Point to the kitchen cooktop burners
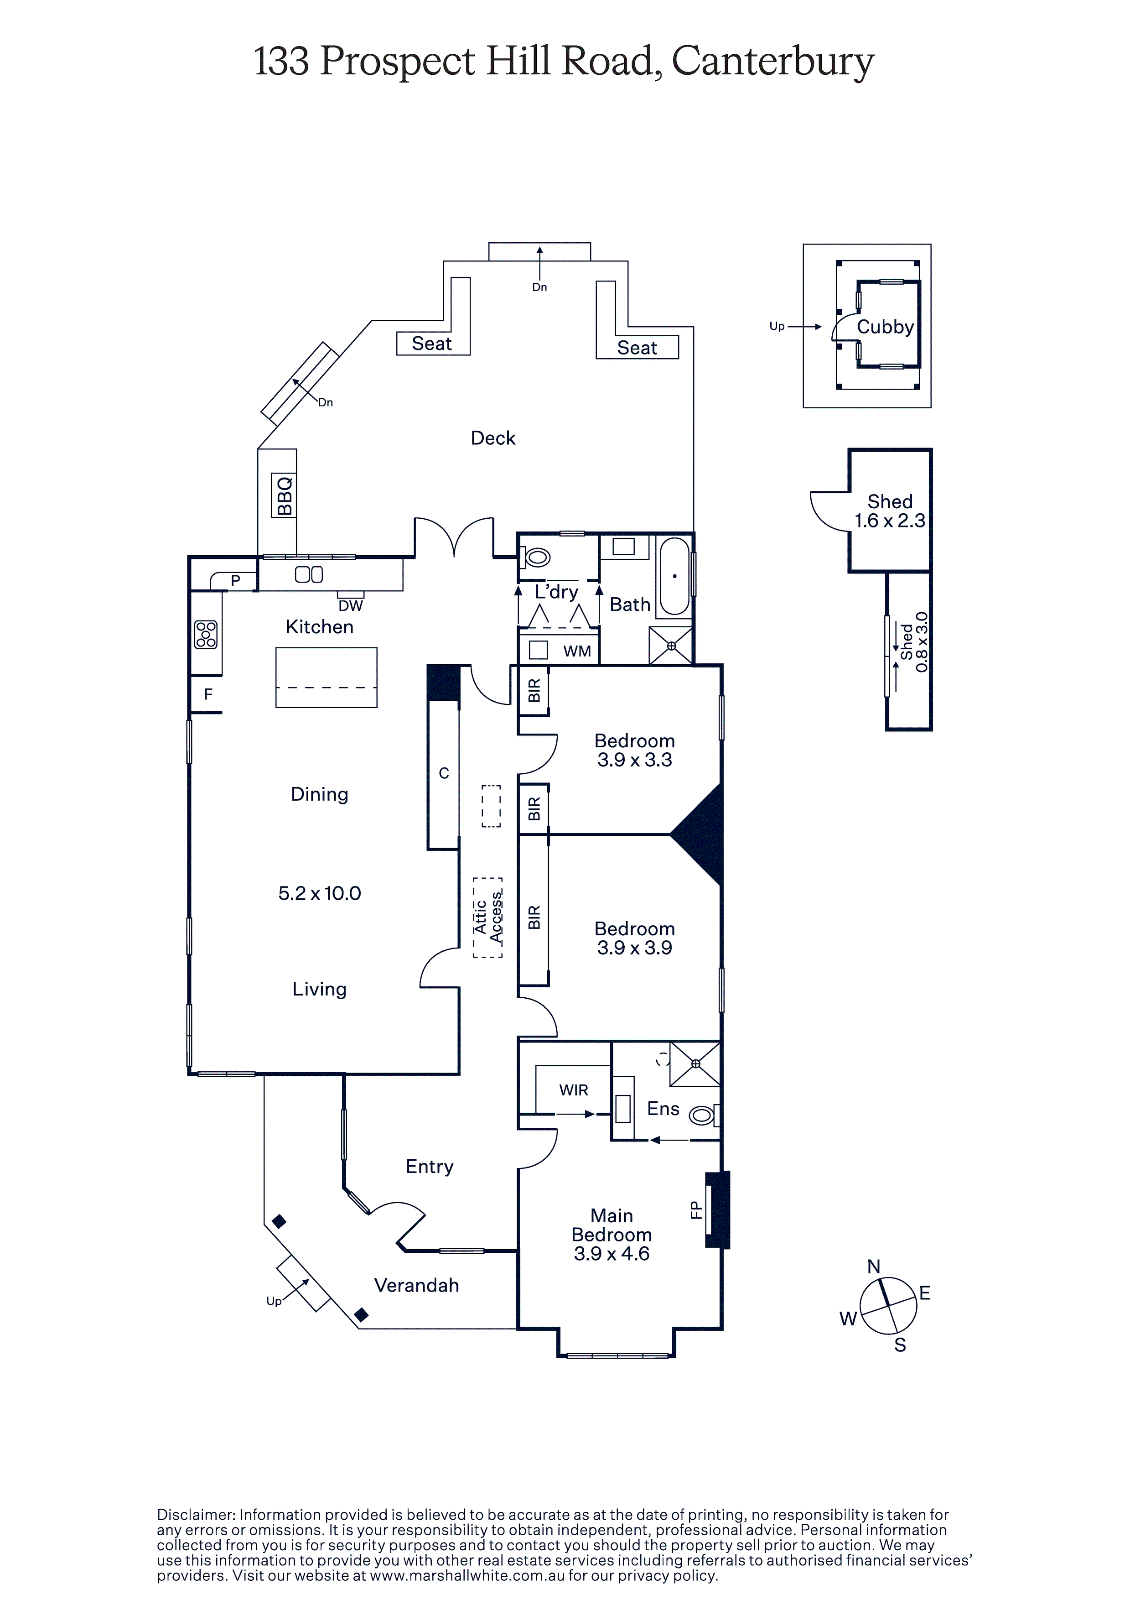pyautogui.click(x=206, y=634)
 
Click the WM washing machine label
pyautogui.click(x=577, y=651)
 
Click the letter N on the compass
pyautogui.click(x=874, y=1266)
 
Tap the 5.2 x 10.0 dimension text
pyautogui.click(x=320, y=893)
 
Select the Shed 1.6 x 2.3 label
pyautogui.click(x=890, y=511)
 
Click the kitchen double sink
pyautogui.click(x=309, y=574)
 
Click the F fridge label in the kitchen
pyautogui.click(x=207, y=694)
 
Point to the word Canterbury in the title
pyautogui.click(x=772, y=63)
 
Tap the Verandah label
pyautogui.click(x=417, y=1286)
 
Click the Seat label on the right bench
pyautogui.click(x=637, y=348)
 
